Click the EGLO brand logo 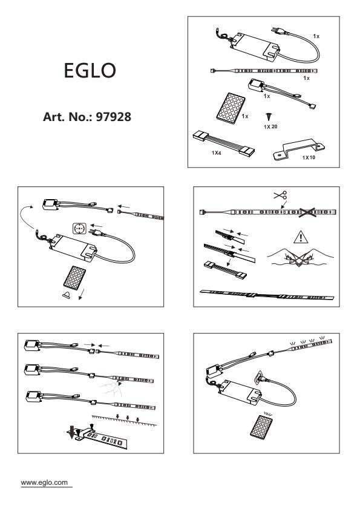pyautogui.click(x=90, y=70)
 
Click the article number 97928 pyautogui.click(x=114, y=117)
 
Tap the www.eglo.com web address pyautogui.click(x=45, y=482)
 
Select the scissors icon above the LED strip pyautogui.click(x=280, y=195)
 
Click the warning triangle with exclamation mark pyautogui.click(x=301, y=237)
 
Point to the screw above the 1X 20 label pyautogui.click(x=269, y=117)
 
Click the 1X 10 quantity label pyautogui.click(x=309, y=158)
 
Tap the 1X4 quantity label pyautogui.click(x=216, y=153)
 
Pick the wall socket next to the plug pyautogui.click(x=79, y=229)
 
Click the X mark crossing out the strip pyautogui.click(x=307, y=212)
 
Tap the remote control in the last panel pyautogui.click(x=261, y=426)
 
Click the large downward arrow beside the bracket pyautogui.click(x=71, y=433)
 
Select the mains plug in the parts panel pyautogui.click(x=278, y=31)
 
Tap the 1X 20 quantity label pyautogui.click(x=270, y=127)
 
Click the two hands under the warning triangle pyautogui.click(x=300, y=257)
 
